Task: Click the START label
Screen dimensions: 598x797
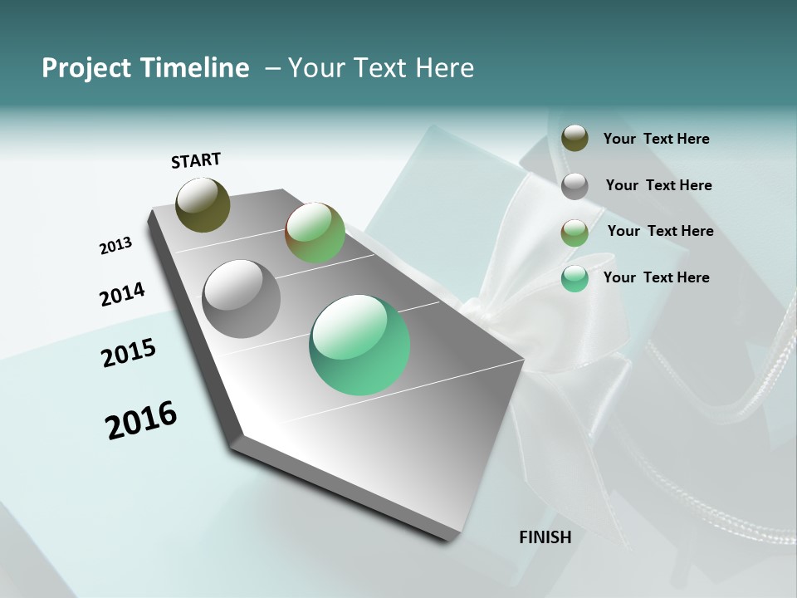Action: tap(196, 160)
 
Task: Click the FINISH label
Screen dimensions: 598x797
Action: tap(545, 537)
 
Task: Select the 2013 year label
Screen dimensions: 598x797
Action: tap(115, 246)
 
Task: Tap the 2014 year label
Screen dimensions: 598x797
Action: tap(122, 295)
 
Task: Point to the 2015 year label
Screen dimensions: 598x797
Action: tap(129, 353)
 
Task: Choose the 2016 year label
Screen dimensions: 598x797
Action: tap(141, 419)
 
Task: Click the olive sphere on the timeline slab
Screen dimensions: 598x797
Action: tap(203, 204)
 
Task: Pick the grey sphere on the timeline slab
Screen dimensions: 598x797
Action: tap(242, 299)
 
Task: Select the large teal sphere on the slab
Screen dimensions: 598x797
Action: tap(359, 345)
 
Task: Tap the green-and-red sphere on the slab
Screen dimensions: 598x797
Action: tap(315, 233)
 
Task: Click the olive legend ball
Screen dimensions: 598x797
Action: tap(575, 139)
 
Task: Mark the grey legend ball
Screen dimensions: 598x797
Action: tap(575, 186)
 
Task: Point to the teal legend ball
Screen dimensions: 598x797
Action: tap(575, 278)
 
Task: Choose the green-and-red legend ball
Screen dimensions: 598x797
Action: tap(575, 233)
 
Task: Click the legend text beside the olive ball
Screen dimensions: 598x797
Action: tap(656, 139)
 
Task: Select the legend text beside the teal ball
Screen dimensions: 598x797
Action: tap(656, 277)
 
